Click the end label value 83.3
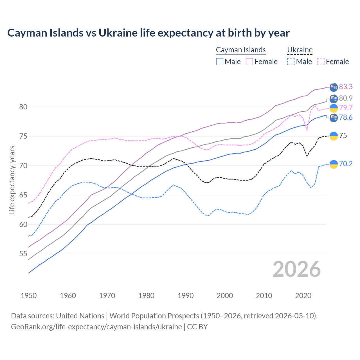click(346, 87)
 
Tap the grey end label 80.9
click(346, 98)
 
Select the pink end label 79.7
click(346, 108)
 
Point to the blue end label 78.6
click(346, 117)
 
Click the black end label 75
click(343, 136)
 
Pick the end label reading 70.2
click(346, 164)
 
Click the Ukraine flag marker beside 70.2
click(333, 164)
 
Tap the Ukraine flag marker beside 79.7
click(333, 108)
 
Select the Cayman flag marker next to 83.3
click(333, 87)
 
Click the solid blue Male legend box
click(220, 62)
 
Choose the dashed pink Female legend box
click(321, 62)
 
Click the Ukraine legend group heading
click(300, 50)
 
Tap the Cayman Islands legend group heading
click(241, 50)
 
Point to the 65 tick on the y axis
click(23, 195)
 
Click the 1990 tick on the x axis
click(186, 296)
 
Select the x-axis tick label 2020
click(303, 296)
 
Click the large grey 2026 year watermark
click(296, 269)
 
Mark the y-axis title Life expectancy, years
click(12, 180)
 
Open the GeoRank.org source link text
click(96, 327)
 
